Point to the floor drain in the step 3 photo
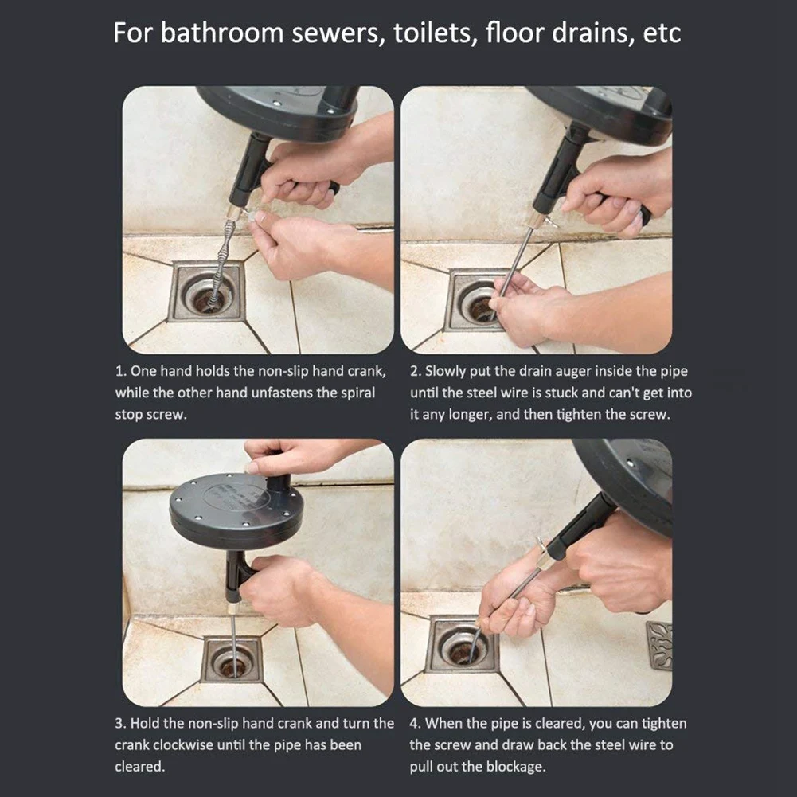[231, 659]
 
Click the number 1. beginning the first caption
[121, 371]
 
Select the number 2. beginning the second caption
[416, 371]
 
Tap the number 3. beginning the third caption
[121, 723]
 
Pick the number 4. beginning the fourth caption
[416, 723]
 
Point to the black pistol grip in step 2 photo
[558, 171]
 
